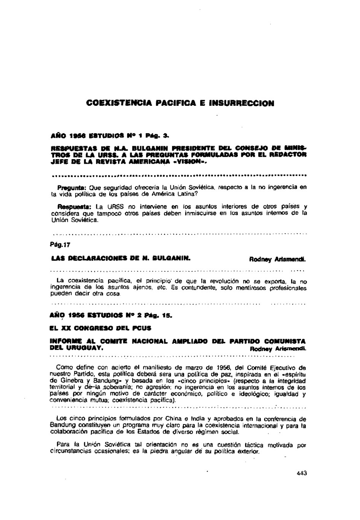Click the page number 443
(301, 474)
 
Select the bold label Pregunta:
(72, 187)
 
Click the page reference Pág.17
(61, 246)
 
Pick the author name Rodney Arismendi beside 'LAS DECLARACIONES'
(278, 260)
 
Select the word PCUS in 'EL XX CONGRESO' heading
(142, 327)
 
